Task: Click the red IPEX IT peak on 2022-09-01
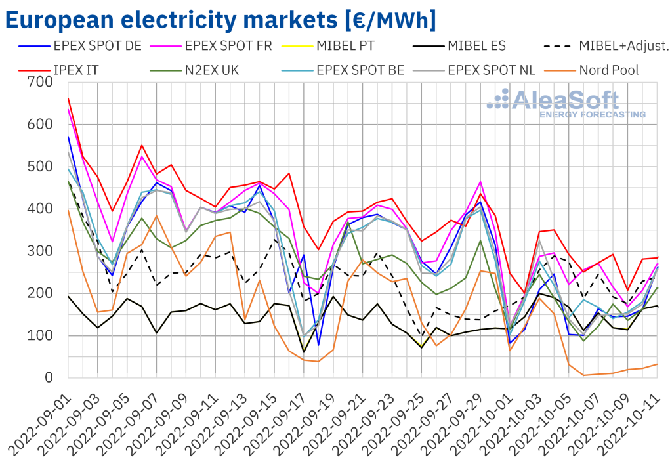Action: click(68, 98)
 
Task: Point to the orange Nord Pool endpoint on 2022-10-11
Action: click(658, 364)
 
